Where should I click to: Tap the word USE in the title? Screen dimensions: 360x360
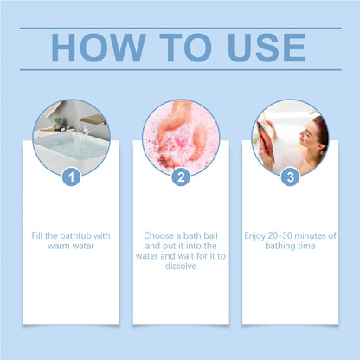(x=260, y=48)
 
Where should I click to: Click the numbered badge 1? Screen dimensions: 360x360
(x=71, y=177)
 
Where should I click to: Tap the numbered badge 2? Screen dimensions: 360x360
(x=180, y=177)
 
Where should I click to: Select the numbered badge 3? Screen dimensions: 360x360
(x=289, y=177)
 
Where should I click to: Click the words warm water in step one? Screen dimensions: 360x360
(x=71, y=246)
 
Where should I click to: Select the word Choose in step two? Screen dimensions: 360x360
(x=159, y=235)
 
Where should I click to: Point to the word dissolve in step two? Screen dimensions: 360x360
(x=180, y=267)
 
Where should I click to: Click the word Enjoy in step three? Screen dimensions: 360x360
(x=259, y=235)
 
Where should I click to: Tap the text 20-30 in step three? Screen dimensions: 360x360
(x=286, y=235)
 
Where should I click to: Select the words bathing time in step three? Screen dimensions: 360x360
(x=289, y=246)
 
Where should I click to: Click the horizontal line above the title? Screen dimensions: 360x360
(x=180, y=27)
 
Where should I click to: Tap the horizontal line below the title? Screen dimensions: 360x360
(x=180, y=69)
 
